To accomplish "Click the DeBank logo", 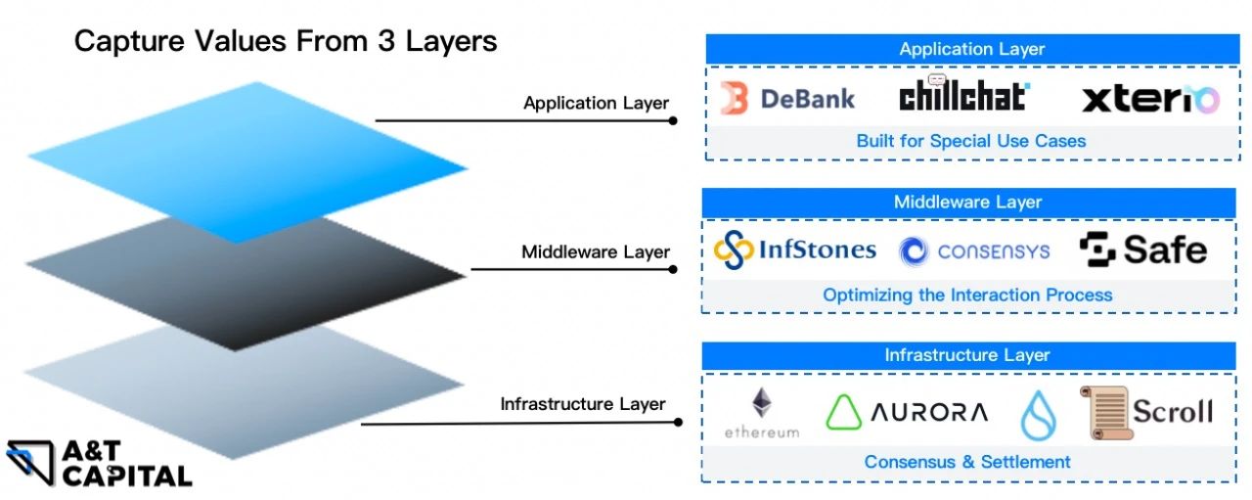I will tap(787, 98).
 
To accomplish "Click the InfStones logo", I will tap(794, 250).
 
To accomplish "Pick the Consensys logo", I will tap(974, 251).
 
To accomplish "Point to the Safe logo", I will tap(1142, 250).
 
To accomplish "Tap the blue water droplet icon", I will tap(1038, 415).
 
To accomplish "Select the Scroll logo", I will tap(1146, 411).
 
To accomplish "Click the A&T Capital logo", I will tap(98, 464).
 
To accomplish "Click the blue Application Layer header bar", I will tap(971, 49).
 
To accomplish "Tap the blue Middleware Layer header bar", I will tap(968, 203).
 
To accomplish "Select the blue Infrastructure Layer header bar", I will tap(968, 355).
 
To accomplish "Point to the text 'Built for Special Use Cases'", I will tap(971, 141).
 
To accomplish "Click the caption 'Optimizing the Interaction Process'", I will tap(967, 295).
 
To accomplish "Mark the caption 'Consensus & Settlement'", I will tap(967, 461).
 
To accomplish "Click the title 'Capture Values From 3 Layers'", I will tap(286, 41).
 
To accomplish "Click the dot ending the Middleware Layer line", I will tap(673, 269).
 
